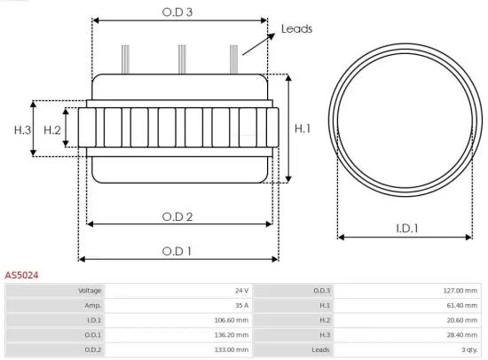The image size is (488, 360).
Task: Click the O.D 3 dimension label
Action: (178, 12)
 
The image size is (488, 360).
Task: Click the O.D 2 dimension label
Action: (177, 215)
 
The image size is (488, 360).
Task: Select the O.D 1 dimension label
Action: (177, 251)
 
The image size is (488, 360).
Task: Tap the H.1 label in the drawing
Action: (303, 129)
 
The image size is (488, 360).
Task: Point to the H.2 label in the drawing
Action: (52, 130)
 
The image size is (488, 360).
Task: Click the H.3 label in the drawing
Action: (22, 130)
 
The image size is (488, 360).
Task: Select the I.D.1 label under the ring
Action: (407, 228)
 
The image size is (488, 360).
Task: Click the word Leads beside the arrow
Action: (296, 28)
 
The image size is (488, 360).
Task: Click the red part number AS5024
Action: (21, 276)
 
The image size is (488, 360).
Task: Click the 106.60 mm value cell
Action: (232, 320)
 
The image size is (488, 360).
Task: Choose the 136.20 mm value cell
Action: (232, 335)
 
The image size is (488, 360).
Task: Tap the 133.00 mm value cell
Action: (232, 350)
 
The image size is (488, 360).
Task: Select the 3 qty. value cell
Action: (467, 350)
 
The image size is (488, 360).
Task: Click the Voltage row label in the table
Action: (91, 290)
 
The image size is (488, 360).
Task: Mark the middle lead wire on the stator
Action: (182, 59)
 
